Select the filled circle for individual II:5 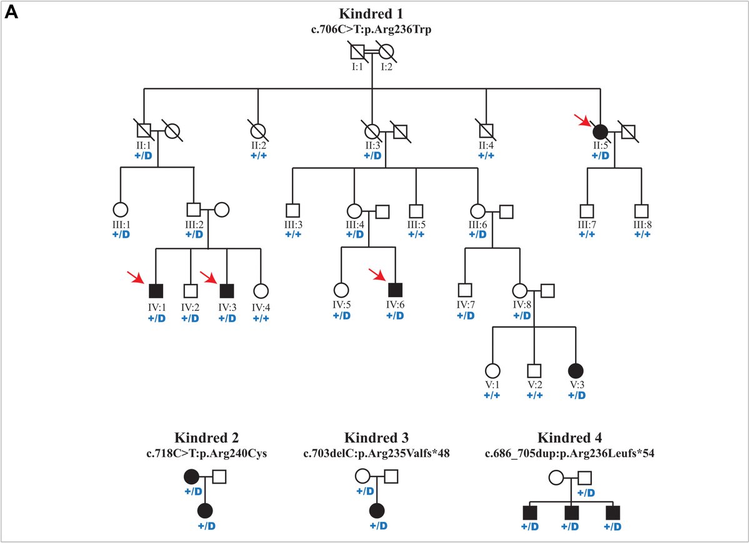[x=600, y=131]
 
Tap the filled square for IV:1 [x=156, y=290]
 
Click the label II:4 [x=485, y=145]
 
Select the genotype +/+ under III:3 [x=291, y=234]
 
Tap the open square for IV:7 [x=464, y=290]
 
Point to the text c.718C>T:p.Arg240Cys [x=206, y=452]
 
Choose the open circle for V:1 [x=491, y=370]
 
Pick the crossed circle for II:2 [x=258, y=131]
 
